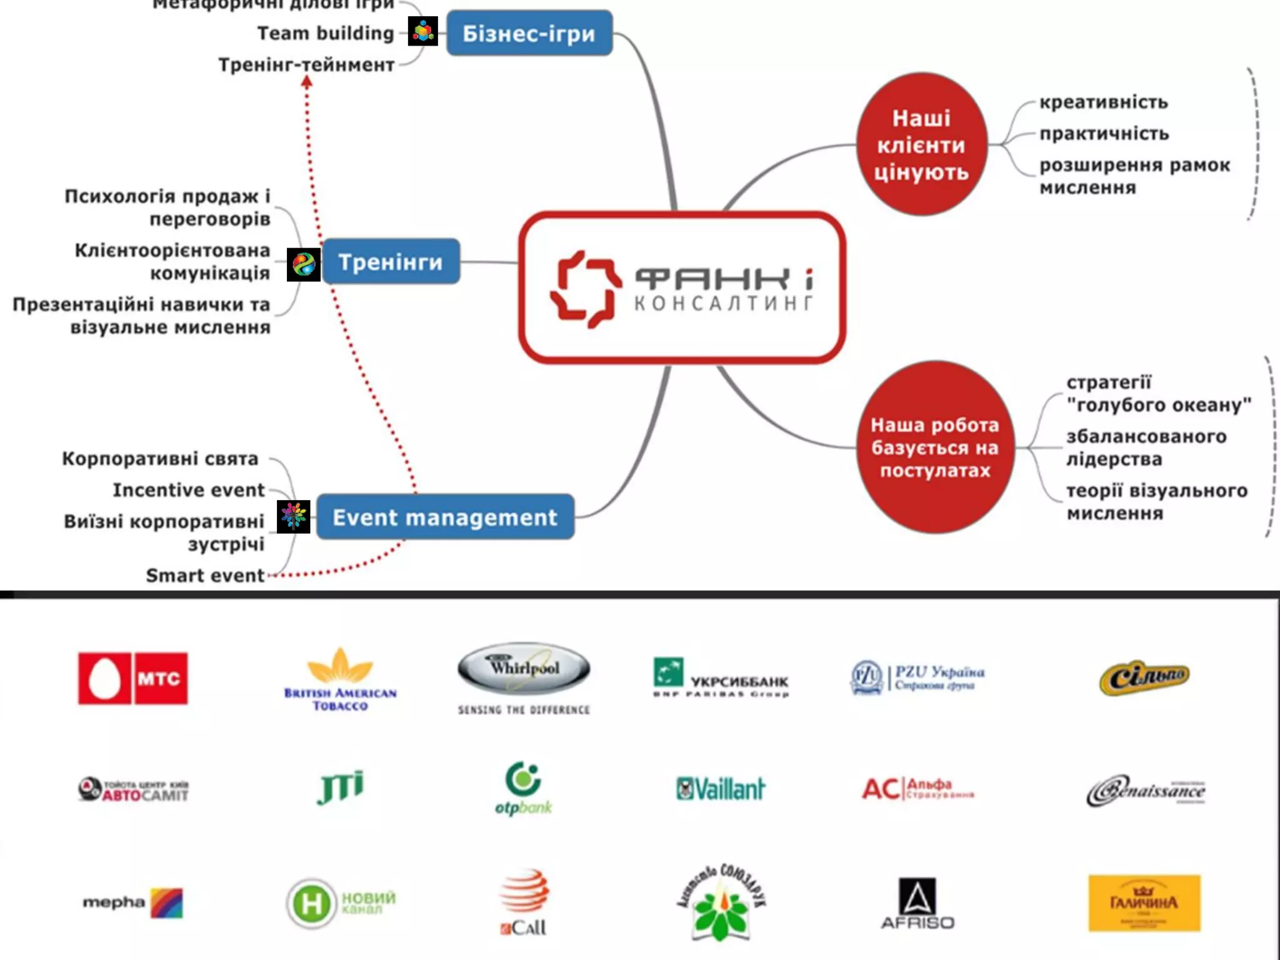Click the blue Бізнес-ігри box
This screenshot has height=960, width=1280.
(529, 33)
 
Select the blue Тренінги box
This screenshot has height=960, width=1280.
(391, 261)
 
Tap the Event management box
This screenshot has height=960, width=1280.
(444, 517)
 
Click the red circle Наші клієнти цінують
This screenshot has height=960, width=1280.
(921, 144)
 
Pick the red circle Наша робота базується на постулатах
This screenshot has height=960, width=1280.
(935, 447)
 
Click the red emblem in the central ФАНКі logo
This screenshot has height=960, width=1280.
(586, 289)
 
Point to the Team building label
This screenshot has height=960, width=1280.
(325, 33)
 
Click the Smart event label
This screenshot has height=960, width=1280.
(205, 575)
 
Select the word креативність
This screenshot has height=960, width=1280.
(1103, 102)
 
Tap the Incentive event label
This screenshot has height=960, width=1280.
(189, 490)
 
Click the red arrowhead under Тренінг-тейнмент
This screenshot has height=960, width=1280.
(307, 81)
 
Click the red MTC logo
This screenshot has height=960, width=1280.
(132, 678)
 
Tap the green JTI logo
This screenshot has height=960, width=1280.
(340, 787)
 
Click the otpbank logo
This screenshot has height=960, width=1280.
(523, 788)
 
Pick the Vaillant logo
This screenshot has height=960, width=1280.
(720, 789)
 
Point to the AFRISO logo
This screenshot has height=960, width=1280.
(917, 902)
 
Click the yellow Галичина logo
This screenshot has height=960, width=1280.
(1144, 902)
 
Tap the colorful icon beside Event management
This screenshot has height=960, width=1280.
(293, 516)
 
